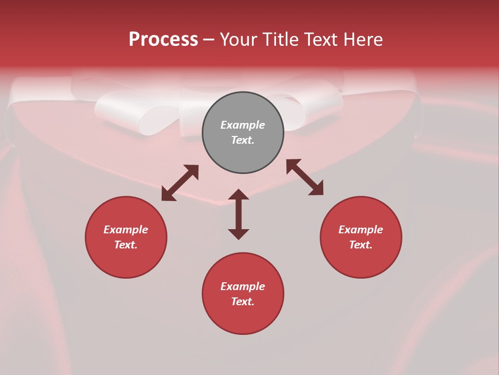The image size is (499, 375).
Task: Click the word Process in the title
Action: point(163,40)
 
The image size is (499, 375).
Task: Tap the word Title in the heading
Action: point(279,40)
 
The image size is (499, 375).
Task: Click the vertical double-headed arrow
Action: point(239,214)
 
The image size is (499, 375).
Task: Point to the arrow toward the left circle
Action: point(180,183)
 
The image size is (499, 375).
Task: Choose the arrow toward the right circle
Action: point(305,177)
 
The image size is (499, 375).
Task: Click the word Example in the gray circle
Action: point(243,125)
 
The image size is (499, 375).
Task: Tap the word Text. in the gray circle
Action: point(243,140)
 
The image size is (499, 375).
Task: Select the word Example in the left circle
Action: point(126,230)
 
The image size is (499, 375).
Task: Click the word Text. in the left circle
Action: point(126,245)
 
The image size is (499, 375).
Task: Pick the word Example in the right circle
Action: point(361,230)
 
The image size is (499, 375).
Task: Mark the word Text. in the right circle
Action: point(361,245)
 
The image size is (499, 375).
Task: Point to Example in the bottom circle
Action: point(243,286)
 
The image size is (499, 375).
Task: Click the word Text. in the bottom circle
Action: point(243,302)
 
